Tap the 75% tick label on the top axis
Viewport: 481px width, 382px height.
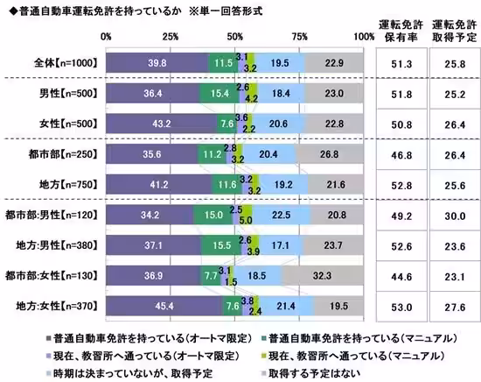tap(300, 36)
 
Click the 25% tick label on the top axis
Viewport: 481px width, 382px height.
tap(171, 36)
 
